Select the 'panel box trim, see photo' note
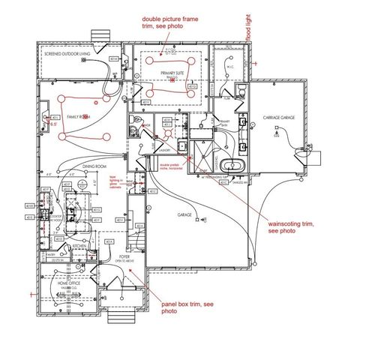(187, 307)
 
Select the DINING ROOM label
(96, 166)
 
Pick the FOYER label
(124, 256)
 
